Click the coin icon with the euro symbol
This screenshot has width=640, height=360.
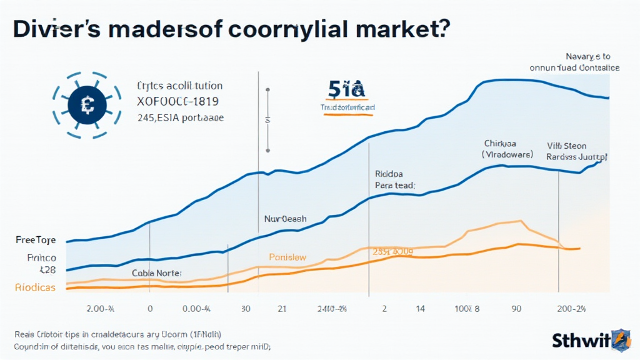tap(87, 106)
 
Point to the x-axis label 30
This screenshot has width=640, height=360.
tap(246, 308)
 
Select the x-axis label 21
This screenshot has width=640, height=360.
tap(282, 308)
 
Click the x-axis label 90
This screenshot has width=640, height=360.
tap(516, 308)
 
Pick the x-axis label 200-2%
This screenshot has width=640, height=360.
tap(571, 308)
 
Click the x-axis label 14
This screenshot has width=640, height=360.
tap(421, 308)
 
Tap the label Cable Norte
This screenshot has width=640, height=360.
tap(156, 273)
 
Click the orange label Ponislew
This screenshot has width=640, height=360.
tap(287, 257)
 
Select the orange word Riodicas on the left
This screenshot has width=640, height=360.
tap(34, 287)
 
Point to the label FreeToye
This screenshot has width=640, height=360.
tap(36, 240)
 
